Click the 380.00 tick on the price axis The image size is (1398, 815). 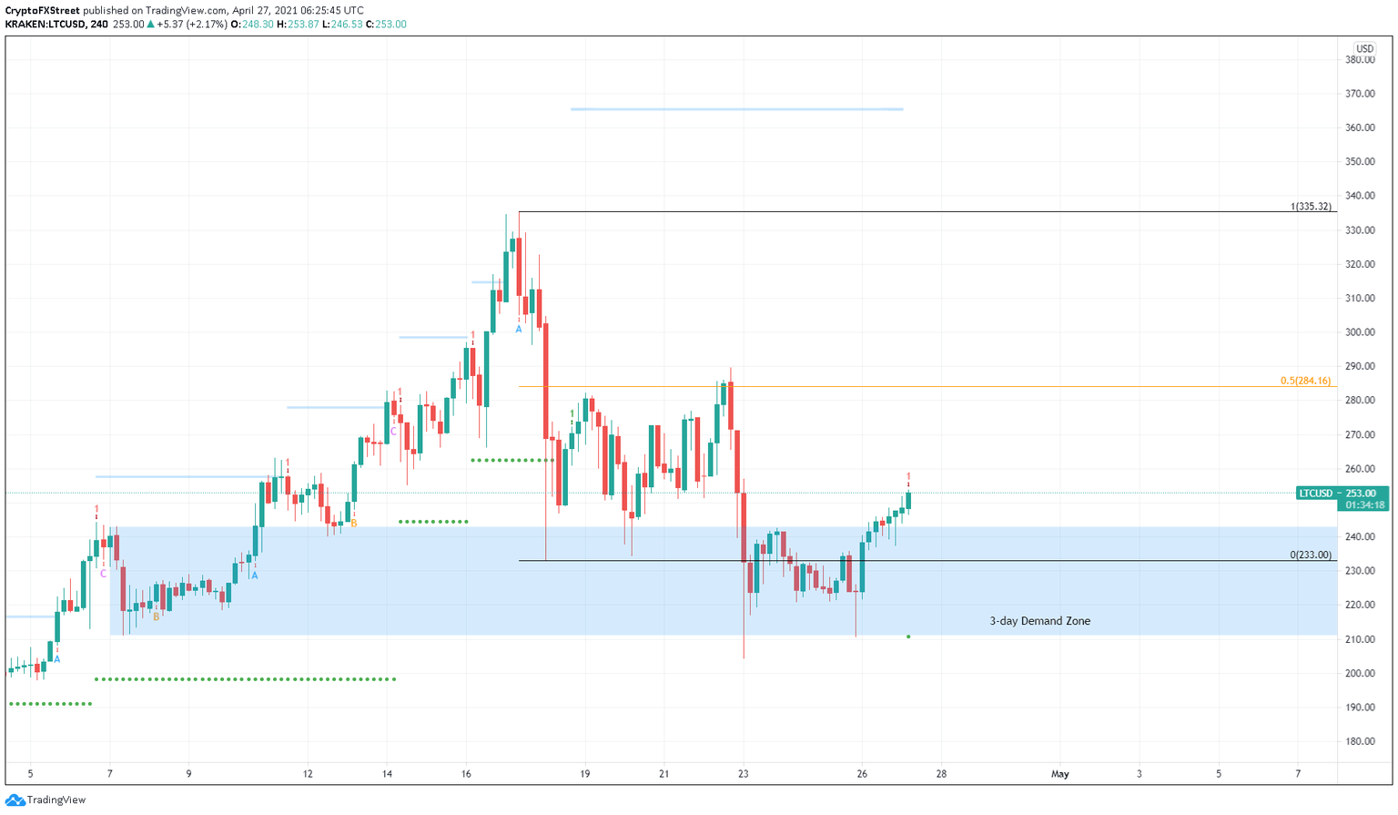(1360, 60)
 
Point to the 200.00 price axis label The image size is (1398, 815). (1360, 673)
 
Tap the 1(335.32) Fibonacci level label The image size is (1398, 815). (1311, 207)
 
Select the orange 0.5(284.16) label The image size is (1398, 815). (1305, 381)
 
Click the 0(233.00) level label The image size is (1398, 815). (1311, 555)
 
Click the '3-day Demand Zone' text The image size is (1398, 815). (1039, 621)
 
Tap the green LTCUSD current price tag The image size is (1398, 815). (1316, 494)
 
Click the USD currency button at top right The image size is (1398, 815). (1363, 49)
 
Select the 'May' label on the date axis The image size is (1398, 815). (1059, 774)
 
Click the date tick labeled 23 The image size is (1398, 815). (743, 774)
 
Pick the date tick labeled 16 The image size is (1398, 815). (466, 774)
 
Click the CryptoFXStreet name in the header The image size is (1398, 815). (43, 11)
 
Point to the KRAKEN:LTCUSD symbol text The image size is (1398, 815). (45, 25)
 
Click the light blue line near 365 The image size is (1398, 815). (736, 109)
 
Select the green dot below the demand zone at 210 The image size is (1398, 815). (908, 637)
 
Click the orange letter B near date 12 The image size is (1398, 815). (353, 524)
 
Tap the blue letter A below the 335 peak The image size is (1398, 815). (519, 329)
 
